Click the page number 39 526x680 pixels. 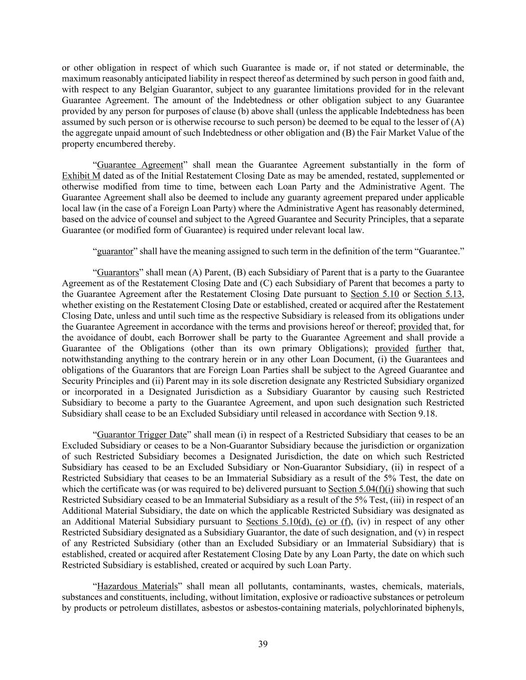(x=263, y=644)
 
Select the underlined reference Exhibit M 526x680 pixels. (x=81, y=176)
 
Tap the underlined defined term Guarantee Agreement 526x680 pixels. (x=140, y=165)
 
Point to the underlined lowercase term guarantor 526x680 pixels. (x=115, y=252)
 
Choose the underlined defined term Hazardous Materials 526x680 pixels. (x=137, y=586)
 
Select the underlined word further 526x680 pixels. (x=428, y=348)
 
